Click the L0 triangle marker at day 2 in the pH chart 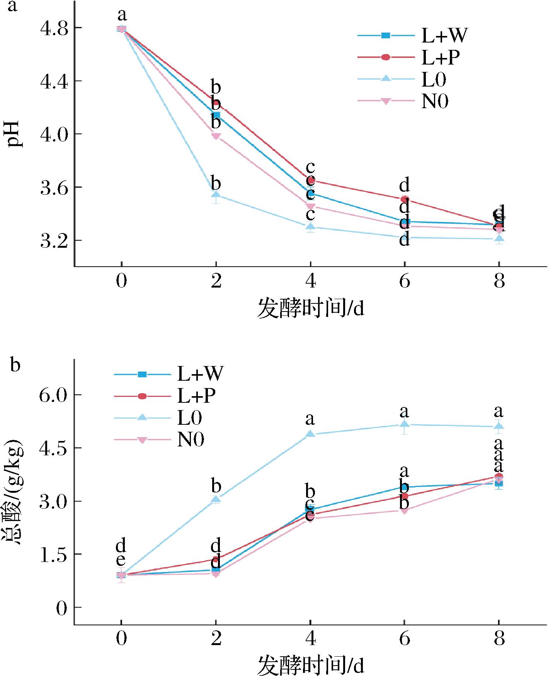point(216,195)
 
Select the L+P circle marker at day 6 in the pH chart point(404,199)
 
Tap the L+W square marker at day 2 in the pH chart point(216,115)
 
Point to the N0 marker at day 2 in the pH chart point(216,136)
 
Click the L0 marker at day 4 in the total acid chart point(310,434)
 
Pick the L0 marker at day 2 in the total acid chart point(216,499)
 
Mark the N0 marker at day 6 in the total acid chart point(404,511)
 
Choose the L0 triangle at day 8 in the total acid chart point(499,426)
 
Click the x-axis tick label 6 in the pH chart point(404,281)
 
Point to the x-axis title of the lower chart point(310,665)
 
